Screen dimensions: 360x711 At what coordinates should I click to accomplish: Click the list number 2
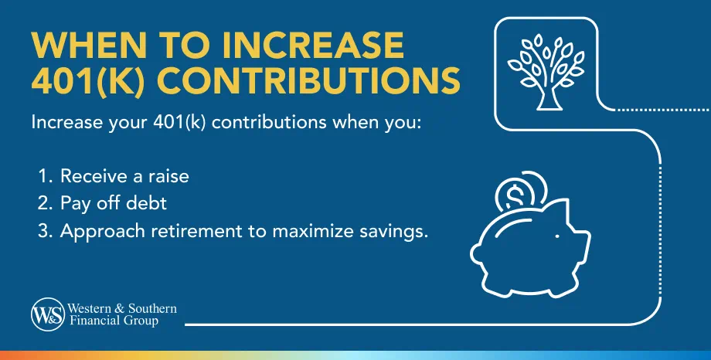point(43,204)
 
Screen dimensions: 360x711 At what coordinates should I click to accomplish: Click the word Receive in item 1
point(87,177)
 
